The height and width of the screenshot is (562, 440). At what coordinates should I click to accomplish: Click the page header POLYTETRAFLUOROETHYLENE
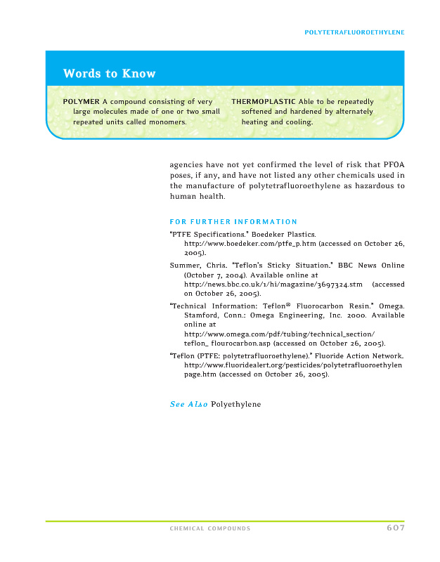point(354,32)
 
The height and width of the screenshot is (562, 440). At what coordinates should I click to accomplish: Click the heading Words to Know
point(109,74)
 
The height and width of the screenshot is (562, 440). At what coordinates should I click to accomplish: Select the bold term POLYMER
point(81,102)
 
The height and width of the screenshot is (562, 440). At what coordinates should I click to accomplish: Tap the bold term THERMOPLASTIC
point(264,102)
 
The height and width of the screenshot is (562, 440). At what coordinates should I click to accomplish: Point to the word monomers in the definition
point(166,122)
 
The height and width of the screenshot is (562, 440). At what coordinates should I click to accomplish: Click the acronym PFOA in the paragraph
point(392,165)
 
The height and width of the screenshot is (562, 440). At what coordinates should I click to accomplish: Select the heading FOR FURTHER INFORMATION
point(233,222)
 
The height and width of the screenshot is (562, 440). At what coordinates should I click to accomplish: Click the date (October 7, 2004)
point(211,275)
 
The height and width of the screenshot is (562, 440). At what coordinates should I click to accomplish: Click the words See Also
point(188,405)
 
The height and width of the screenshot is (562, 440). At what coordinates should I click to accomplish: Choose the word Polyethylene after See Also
point(235,405)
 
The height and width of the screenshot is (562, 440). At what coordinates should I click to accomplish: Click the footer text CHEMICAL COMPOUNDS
point(209,528)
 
